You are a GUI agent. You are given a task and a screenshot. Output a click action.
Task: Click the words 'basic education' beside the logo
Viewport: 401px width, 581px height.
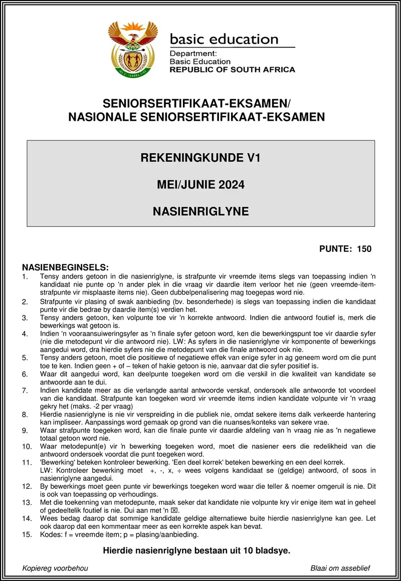tap(224, 39)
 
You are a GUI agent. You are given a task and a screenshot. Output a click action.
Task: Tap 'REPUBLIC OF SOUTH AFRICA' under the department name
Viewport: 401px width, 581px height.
tap(232, 70)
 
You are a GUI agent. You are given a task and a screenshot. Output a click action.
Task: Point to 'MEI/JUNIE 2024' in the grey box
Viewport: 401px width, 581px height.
tap(200, 185)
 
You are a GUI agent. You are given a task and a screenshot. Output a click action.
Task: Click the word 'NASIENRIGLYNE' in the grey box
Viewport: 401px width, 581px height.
tap(200, 211)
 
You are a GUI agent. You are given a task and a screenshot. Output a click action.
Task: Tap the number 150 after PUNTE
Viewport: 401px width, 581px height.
tap(364, 249)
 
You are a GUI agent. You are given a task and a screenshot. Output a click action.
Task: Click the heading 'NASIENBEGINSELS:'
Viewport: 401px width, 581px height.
tap(65, 267)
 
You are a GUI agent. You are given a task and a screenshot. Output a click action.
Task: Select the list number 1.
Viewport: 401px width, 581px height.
tap(25, 276)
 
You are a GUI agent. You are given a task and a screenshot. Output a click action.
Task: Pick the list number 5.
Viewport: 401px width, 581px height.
tap(25, 358)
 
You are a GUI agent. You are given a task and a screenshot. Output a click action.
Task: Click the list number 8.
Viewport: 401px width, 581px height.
tap(25, 415)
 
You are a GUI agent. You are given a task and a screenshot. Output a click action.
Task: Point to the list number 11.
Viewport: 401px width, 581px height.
tap(27, 463)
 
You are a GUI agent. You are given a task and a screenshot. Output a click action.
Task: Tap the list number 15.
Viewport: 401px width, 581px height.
tap(27, 535)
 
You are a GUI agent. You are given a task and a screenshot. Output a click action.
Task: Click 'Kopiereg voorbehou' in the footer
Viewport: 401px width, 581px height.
tap(55, 568)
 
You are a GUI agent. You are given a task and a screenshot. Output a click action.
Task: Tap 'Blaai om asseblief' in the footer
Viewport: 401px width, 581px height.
tap(340, 568)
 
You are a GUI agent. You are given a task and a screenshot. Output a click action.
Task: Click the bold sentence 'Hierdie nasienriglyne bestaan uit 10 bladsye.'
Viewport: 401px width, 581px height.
tap(196, 550)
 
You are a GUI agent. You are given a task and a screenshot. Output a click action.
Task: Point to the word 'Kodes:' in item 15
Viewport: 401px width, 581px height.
tap(51, 534)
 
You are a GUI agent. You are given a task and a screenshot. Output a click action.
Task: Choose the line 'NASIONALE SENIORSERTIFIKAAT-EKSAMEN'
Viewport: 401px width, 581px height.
tap(196, 117)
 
